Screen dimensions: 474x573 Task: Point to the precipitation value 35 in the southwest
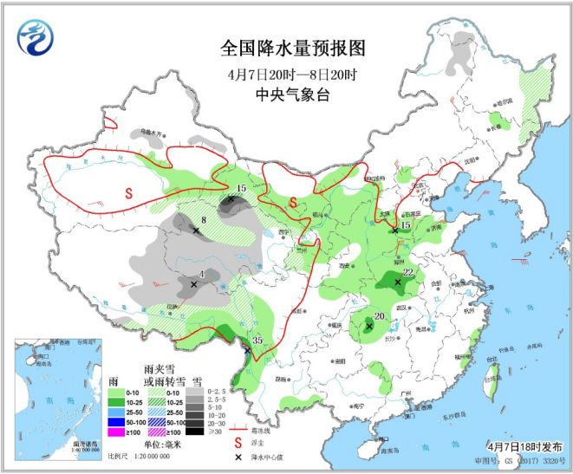click(257, 340)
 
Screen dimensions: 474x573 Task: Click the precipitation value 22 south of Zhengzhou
click(407, 271)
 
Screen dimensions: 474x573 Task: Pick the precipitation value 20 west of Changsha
click(379, 315)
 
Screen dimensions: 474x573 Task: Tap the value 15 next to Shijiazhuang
click(405, 224)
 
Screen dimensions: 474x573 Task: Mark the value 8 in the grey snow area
click(203, 220)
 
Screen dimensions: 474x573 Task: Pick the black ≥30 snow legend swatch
click(199, 431)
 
